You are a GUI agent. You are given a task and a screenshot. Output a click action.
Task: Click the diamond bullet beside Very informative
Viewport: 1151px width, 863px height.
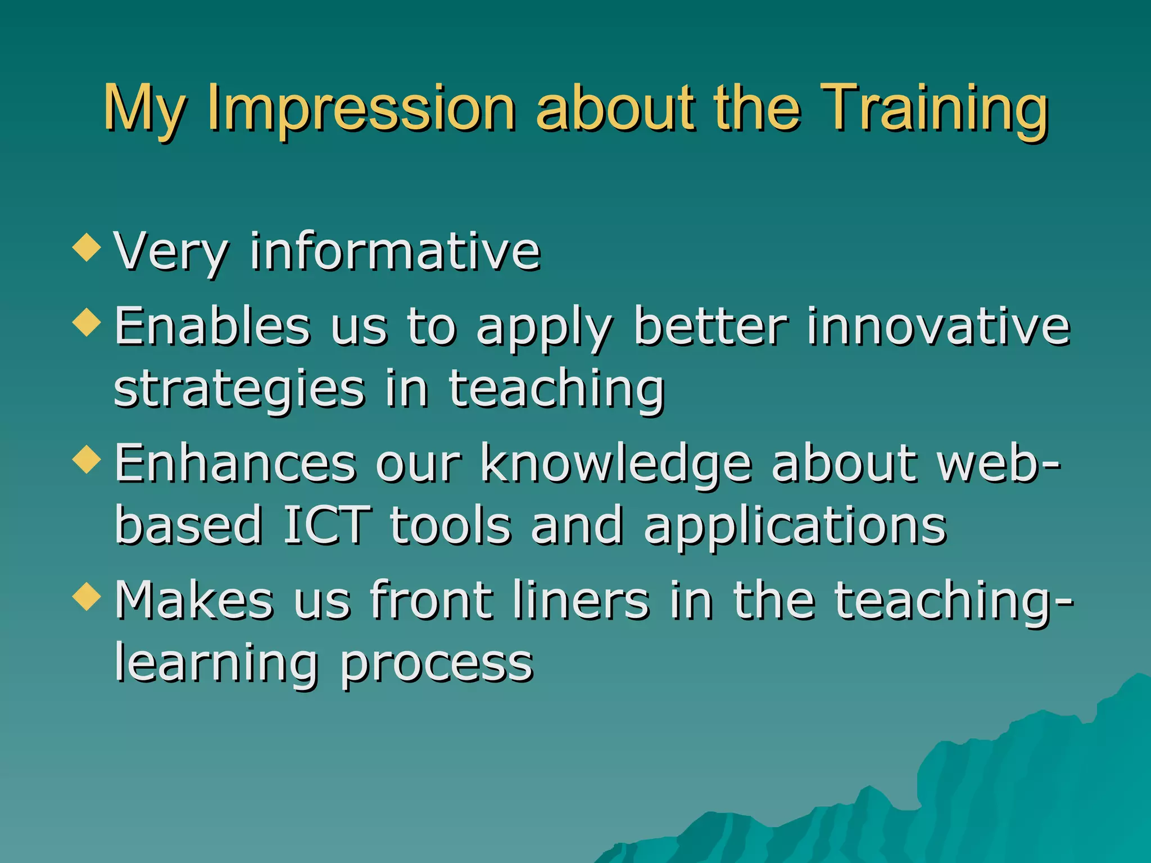coord(87,248)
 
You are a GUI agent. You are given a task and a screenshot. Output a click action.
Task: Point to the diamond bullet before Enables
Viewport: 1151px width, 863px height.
coord(87,323)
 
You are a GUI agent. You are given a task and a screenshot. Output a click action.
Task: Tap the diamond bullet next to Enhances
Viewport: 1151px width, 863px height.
coord(87,459)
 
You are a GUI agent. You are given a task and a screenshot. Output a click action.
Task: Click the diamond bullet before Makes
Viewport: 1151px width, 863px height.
coord(87,596)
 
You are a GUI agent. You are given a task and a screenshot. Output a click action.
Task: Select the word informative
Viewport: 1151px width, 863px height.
coord(395,251)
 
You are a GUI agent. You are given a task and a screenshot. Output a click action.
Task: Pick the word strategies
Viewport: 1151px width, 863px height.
coord(239,390)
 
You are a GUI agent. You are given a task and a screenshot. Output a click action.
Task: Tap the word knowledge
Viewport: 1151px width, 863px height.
coord(616,464)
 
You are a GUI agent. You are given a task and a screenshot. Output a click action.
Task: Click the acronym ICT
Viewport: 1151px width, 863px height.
coord(327,526)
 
